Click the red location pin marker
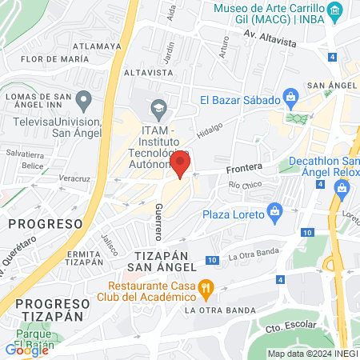(181, 164)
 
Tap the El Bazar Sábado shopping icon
(291, 100)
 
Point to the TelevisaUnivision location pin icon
(85, 100)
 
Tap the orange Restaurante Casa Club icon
(206, 286)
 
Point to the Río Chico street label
(245, 186)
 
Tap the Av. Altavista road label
(270, 38)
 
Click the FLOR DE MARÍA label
(46, 59)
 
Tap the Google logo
(27, 350)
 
